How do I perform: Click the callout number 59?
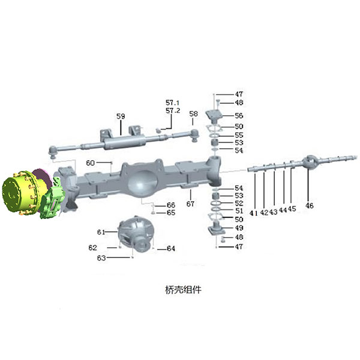(121, 116)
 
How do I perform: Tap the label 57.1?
(173, 103)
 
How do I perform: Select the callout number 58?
(193, 114)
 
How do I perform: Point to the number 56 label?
(239, 115)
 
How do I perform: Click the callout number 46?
(309, 205)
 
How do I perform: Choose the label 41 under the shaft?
(253, 213)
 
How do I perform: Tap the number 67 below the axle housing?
(190, 203)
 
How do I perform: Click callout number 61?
(101, 232)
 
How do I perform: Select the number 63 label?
(101, 258)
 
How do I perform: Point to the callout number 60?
(90, 163)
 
